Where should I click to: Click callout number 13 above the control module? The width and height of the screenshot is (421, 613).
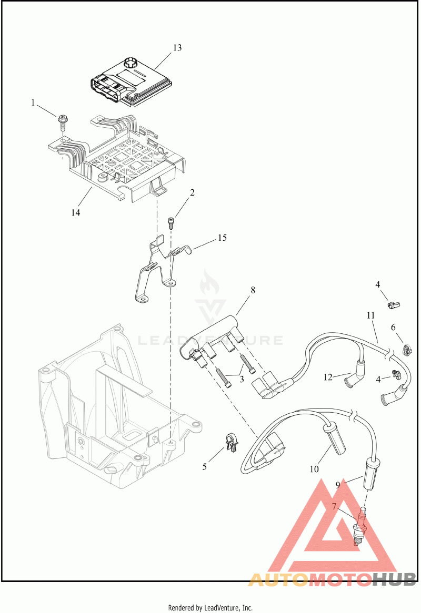[177, 48]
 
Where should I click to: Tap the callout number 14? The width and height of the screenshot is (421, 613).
[76, 212]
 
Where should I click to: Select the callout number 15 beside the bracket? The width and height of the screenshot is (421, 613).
[222, 238]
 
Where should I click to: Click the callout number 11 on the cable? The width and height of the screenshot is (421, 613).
[371, 315]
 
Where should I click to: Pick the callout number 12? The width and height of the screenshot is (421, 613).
[328, 377]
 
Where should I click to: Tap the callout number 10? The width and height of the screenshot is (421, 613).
[314, 468]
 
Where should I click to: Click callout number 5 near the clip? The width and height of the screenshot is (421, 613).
[205, 466]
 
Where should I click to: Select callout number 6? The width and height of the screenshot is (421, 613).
[393, 327]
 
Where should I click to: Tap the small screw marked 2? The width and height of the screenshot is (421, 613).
[170, 221]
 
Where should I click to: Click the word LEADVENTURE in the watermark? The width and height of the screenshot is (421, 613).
[210, 340]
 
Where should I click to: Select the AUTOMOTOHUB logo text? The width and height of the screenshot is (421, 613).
[332, 579]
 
